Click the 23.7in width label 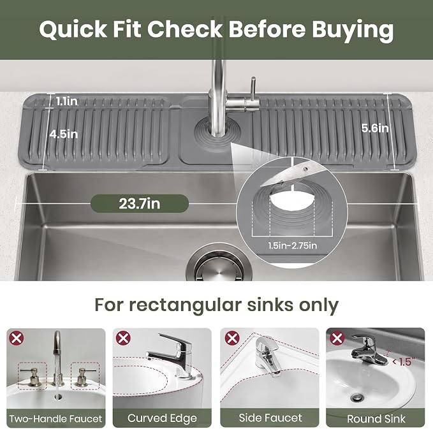pyautogui.click(x=140, y=204)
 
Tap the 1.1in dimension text pyautogui.click(x=67, y=101)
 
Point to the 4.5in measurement pyautogui.click(x=64, y=134)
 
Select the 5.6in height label pyautogui.click(x=375, y=128)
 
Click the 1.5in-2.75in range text pyautogui.click(x=293, y=245)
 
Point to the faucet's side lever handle pyautogui.click(x=253, y=91)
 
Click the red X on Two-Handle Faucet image pyautogui.click(x=17, y=338)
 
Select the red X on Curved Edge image pyautogui.click(x=123, y=338)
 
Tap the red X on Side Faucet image pyautogui.click(x=232, y=338)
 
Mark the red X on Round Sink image pyautogui.click(x=337, y=338)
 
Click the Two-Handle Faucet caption pyautogui.click(x=55, y=419)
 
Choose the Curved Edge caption pyautogui.click(x=162, y=419)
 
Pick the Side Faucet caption pyautogui.click(x=270, y=418)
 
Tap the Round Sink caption pyautogui.click(x=376, y=419)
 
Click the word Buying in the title pyautogui.click(x=353, y=29)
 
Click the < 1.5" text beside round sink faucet pyautogui.click(x=404, y=361)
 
